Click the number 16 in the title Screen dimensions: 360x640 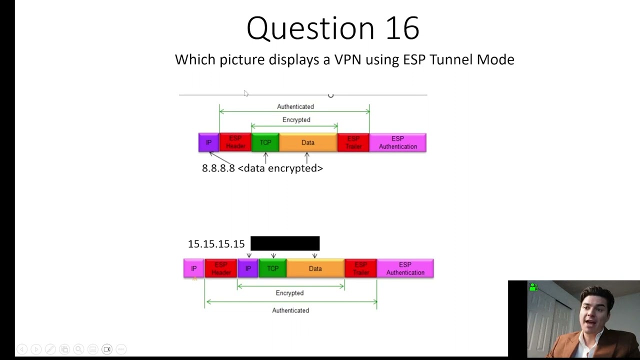[402, 28]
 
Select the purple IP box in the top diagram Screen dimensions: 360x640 [208, 142]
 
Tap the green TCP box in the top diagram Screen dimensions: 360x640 [265, 142]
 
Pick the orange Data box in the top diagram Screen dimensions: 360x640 [308, 142]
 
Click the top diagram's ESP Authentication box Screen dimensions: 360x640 [397, 142]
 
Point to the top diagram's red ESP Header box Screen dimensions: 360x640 [235, 142]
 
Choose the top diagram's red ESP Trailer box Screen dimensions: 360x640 [353, 142]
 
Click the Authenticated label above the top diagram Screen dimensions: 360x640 [295, 106]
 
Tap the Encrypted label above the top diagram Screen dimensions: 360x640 [296, 120]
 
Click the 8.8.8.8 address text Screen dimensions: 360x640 [218, 168]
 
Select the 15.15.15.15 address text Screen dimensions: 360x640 [216, 244]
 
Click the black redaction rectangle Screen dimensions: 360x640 [285, 243]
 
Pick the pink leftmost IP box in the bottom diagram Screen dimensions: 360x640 [194, 268]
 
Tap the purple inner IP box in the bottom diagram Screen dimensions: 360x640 [248, 268]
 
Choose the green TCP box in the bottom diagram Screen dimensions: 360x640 [272, 268]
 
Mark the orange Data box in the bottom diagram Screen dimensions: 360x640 [315, 268]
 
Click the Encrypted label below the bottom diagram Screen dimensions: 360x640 [289, 293]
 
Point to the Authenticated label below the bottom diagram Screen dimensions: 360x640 [290, 310]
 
